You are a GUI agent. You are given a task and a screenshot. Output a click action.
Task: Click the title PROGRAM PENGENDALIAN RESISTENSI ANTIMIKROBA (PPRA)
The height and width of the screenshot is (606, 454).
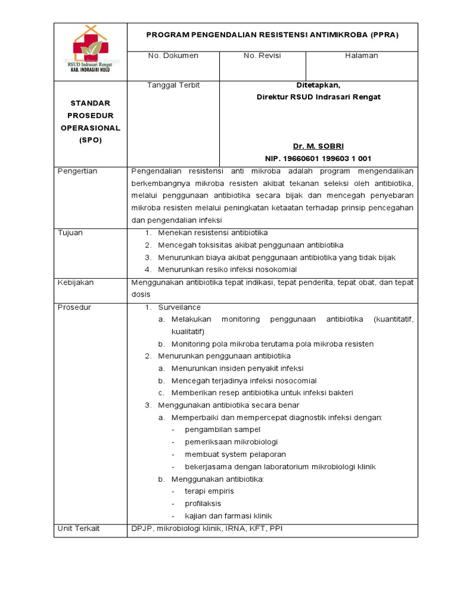point(273,35)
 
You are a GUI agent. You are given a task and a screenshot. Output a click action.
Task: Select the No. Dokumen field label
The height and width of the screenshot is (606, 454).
point(173,56)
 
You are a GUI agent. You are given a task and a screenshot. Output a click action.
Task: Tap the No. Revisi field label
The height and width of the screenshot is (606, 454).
point(262,56)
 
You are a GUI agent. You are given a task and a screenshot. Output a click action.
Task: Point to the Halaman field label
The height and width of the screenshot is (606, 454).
point(361,56)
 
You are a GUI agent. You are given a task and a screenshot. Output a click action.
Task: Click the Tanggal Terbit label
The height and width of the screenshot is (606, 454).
point(173,85)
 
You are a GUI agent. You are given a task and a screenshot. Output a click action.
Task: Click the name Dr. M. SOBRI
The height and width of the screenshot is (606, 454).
point(318,146)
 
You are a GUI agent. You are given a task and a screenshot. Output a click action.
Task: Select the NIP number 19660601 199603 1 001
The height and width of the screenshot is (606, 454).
point(318,159)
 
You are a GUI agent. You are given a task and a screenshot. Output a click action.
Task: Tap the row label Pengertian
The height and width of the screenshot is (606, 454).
point(77,171)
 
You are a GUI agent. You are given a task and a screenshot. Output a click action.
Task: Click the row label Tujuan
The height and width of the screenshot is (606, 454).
point(70,233)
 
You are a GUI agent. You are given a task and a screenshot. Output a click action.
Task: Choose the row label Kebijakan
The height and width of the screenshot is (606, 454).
point(76,282)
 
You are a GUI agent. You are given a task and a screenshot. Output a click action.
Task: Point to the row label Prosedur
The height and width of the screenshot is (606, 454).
point(74,307)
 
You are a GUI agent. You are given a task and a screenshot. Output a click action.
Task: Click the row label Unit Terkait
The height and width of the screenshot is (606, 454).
point(79,528)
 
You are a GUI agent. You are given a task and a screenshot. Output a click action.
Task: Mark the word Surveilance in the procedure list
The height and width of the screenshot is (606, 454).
point(179,307)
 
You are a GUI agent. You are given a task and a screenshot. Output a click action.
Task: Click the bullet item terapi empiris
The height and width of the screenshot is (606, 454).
point(209,491)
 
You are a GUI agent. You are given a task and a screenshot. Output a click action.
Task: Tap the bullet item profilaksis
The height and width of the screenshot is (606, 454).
point(203,504)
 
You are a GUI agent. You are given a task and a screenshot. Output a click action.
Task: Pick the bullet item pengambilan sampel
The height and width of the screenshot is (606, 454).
point(222,430)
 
